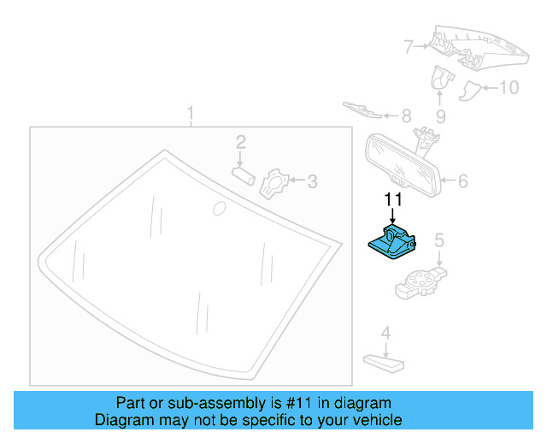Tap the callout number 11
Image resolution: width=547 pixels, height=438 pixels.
click(x=392, y=200)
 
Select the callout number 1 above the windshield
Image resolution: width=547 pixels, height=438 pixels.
click(x=191, y=113)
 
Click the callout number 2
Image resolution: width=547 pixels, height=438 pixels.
click(x=241, y=142)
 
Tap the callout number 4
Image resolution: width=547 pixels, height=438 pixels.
click(x=385, y=333)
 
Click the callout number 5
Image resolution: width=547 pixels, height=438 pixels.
click(x=438, y=241)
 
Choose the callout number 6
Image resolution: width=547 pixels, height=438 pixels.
click(x=462, y=181)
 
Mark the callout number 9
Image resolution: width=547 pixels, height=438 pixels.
click(x=440, y=115)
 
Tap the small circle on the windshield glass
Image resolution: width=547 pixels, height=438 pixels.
click(x=219, y=207)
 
